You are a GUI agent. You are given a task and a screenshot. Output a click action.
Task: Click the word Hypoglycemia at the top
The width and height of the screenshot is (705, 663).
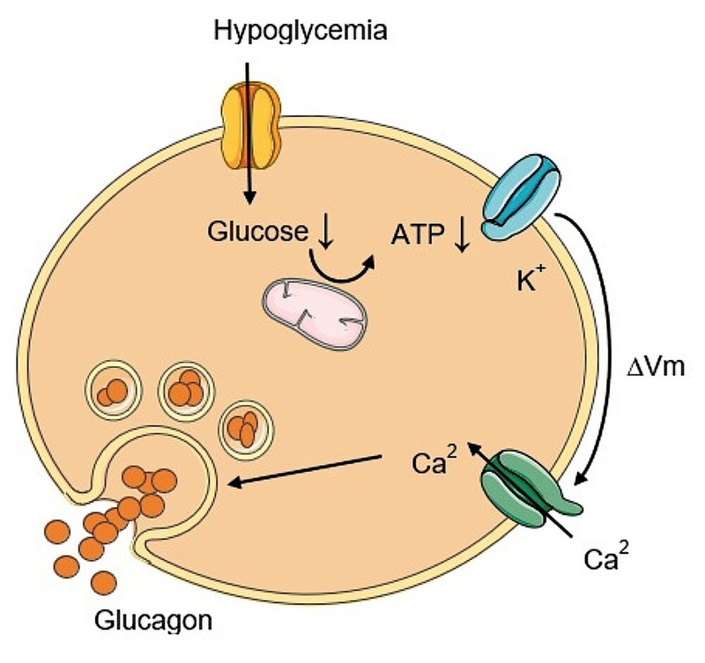[x=301, y=33]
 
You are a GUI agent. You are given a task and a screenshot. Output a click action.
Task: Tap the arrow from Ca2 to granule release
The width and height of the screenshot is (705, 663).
[x=308, y=469]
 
